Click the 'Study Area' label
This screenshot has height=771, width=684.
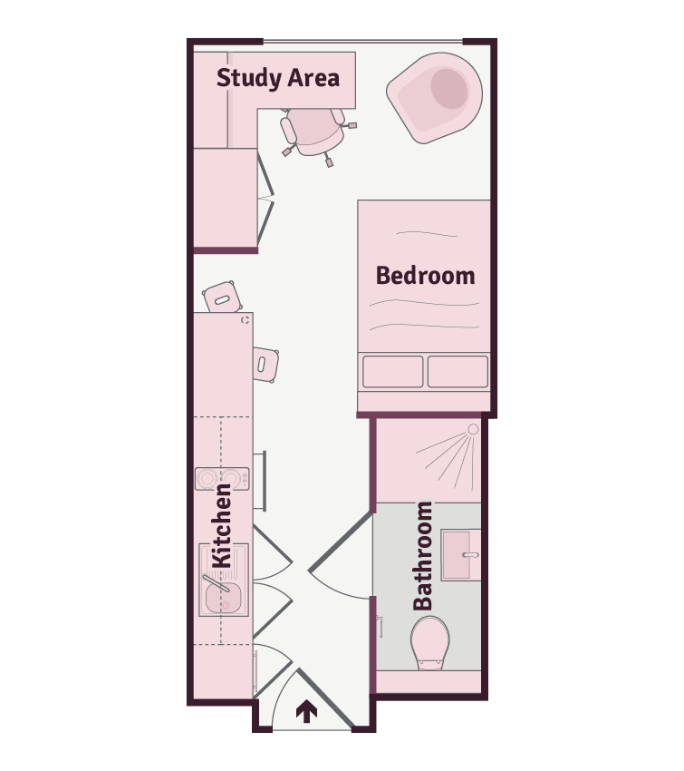click(278, 78)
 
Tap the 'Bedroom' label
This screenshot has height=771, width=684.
click(425, 276)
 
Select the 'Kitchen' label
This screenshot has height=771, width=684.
click(221, 526)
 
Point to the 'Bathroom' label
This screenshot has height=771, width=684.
click(423, 556)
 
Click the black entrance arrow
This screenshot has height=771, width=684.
click(306, 711)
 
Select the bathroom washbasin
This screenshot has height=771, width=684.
click(460, 554)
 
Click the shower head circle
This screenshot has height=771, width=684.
click(473, 429)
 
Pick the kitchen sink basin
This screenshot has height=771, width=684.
click(224, 598)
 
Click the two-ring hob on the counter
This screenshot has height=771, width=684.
click(222, 478)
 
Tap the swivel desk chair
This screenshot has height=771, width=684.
click(316, 132)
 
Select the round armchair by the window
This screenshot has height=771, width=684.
click(435, 98)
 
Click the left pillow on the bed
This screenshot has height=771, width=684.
click(393, 371)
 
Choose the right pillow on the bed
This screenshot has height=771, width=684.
click(458, 371)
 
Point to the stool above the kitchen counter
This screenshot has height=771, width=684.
click(222, 297)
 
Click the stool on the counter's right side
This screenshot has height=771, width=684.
click(265, 365)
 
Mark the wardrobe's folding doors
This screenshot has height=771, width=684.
click(265, 199)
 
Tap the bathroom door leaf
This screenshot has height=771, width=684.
click(340, 542)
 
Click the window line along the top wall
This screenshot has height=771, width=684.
click(363, 42)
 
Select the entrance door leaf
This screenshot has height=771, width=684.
click(325, 698)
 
